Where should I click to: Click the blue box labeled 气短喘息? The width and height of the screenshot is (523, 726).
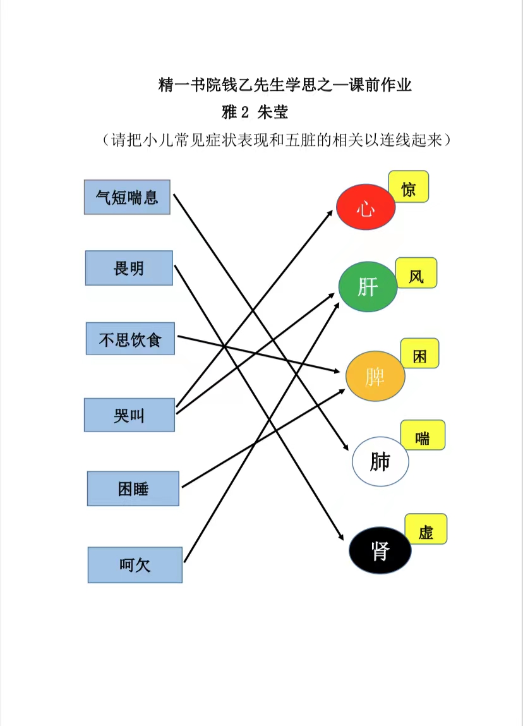(x=128, y=197)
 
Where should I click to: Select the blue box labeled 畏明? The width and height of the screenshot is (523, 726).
(x=129, y=268)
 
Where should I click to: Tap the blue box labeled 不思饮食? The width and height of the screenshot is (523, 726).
(x=131, y=339)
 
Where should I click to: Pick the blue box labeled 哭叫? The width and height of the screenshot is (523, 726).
(x=129, y=415)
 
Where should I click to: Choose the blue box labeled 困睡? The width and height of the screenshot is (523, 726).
(x=133, y=488)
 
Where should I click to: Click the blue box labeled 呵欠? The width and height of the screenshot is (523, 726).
(x=135, y=565)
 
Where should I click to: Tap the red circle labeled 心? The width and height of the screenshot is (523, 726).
(x=366, y=207)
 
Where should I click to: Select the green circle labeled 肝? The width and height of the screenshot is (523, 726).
(x=368, y=287)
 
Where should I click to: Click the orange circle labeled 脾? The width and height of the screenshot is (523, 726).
(x=375, y=376)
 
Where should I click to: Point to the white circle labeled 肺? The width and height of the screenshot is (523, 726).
(x=380, y=461)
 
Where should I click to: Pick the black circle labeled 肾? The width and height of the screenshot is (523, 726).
(x=380, y=550)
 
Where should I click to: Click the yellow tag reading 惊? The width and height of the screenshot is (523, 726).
(x=409, y=186)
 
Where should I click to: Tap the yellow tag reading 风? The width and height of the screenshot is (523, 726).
(x=416, y=273)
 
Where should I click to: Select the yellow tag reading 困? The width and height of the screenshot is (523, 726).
(x=420, y=353)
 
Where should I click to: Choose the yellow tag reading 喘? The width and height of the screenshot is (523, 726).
(x=423, y=435)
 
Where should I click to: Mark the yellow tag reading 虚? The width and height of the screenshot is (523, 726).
(x=426, y=529)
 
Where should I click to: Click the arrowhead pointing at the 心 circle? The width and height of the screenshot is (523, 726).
(x=330, y=214)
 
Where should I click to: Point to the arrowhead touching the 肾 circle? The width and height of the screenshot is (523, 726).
(x=340, y=536)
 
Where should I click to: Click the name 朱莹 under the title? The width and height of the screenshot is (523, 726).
(x=273, y=112)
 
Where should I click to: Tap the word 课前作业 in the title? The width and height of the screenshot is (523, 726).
(x=380, y=85)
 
